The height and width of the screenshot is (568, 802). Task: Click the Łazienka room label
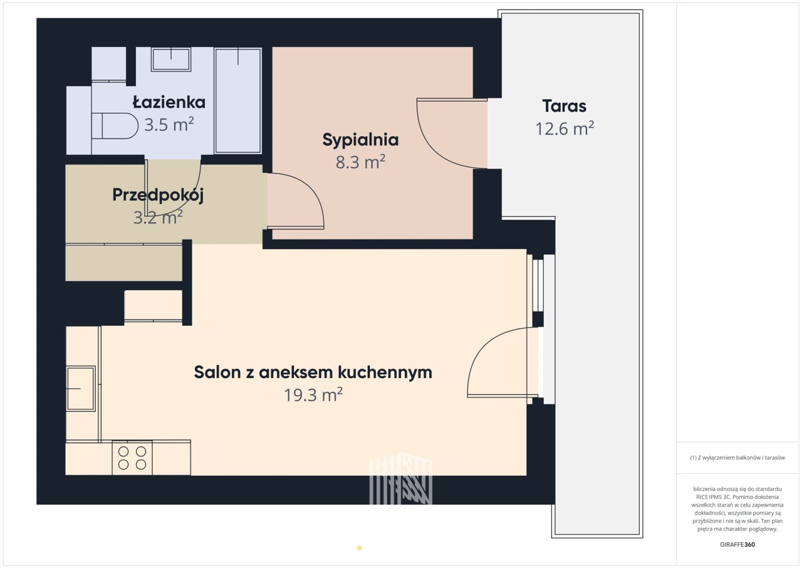tap(169, 102)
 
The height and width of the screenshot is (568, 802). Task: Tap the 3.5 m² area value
tap(169, 125)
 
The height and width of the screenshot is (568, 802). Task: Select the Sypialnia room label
tap(360, 140)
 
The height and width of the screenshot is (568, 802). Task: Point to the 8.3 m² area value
tap(360, 162)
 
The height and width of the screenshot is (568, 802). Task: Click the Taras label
tap(565, 106)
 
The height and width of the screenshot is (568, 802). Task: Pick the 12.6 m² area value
tap(565, 129)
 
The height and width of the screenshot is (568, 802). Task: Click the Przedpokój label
tap(158, 196)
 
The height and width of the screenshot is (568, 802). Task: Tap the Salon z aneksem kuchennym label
tap(313, 372)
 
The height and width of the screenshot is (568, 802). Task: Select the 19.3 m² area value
tap(313, 395)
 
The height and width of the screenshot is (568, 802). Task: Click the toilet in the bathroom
tap(115, 126)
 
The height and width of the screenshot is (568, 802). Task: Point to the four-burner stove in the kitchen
tap(132, 458)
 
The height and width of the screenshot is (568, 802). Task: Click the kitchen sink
tap(81, 388)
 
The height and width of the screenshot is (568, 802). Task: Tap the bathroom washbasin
tap(171, 59)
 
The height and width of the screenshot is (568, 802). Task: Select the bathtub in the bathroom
tap(238, 101)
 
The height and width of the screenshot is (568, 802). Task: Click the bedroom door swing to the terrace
tap(452, 134)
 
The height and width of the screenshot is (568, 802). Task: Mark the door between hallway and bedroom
tap(296, 201)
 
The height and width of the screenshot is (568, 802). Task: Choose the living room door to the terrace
tap(503, 362)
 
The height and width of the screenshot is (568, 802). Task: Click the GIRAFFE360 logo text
tap(737, 544)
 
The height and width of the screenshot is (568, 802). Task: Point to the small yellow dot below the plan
tap(360, 548)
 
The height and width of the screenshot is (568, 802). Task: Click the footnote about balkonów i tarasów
tap(737, 457)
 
